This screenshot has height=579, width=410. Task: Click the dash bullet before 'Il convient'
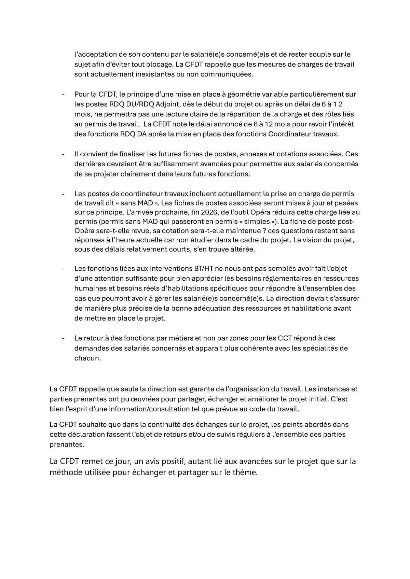tap(63, 154)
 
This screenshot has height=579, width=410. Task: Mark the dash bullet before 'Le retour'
tap(63, 338)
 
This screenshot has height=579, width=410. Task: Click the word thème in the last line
tap(245, 473)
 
